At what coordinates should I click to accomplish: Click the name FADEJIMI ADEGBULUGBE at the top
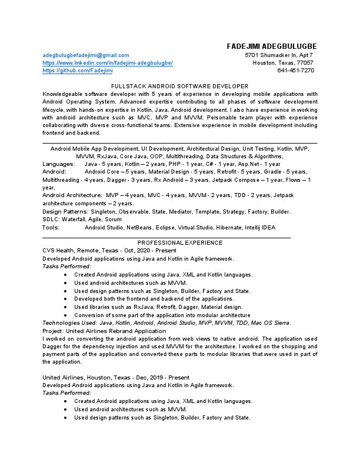tap(272, 46)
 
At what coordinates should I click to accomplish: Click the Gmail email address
tap(86, 55)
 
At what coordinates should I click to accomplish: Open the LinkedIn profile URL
tap(108, 62)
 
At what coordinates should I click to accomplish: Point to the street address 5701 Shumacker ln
tap(279, 55)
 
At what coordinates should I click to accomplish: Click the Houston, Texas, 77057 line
tap(283, 62)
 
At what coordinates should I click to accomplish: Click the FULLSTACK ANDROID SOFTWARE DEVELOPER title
tap(180, 86)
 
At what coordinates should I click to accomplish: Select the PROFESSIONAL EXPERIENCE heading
tap(180, 242)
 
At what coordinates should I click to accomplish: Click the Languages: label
tap(59, 164)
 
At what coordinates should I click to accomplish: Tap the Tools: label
tap(51, 227)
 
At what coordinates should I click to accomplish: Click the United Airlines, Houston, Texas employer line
tap(116, 377)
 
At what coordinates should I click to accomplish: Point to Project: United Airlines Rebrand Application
tap(105, 331)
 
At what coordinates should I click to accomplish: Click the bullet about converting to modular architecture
tap(162, 315)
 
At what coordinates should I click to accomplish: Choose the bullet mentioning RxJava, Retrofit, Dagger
tap(158, 307)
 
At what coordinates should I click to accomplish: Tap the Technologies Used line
tap(166, 322)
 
